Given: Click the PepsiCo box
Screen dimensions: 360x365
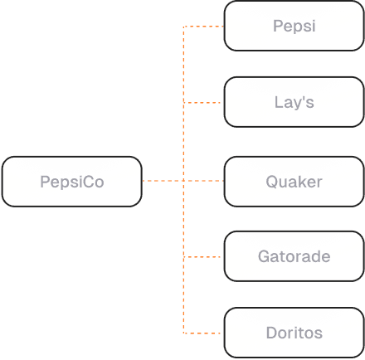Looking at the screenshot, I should pos(71,181).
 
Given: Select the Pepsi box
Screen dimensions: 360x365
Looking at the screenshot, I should pos(294,26).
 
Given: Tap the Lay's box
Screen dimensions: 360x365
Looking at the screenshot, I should pos(294,102).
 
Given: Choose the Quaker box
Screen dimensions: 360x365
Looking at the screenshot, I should pos(294,181).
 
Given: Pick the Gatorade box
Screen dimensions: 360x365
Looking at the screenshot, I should pos(294,257).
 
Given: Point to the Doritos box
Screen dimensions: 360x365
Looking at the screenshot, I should pos(294,333).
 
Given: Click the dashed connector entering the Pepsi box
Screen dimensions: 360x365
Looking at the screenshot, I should pos(204,27).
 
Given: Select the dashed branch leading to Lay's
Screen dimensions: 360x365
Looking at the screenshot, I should pos(204,103).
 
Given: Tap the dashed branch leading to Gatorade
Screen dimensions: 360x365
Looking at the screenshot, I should pos(204,257).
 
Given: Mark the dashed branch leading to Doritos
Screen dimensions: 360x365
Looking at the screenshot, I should pos(204,333).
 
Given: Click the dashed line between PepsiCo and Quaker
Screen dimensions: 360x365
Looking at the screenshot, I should pos(163,181).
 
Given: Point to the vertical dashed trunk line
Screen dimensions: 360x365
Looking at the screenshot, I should pos(183,141).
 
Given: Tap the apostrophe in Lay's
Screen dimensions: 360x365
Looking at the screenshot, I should pos(303,99).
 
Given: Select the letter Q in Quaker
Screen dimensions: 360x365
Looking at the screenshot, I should pos(272,181).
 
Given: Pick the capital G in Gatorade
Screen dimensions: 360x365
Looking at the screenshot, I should pos(263,257).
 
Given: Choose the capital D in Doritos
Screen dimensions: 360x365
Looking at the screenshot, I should pos(271,333).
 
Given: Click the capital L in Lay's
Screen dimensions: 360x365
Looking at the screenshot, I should pos(279,102).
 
